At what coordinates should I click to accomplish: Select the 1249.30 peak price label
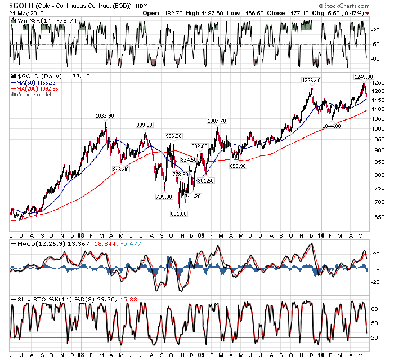tap(363, 77)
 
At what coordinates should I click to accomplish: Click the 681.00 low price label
tap(179, 214)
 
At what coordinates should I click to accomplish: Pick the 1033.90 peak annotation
tap(105, 115)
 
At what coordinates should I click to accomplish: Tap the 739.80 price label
tap(163, 197)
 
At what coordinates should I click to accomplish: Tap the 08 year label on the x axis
tap(82, 235)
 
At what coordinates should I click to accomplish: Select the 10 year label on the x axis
tap(321, 235)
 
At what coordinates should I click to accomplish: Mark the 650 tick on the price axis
tap(378, 217)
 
